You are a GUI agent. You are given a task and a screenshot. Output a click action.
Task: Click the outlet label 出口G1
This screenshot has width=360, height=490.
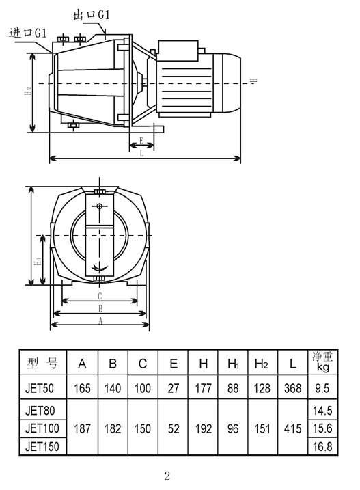[x=92, y=14]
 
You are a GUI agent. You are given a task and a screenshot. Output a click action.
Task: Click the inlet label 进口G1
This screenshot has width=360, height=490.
[x=28, y=32]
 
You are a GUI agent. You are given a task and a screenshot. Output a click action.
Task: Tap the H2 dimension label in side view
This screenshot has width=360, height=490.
[x=28, y=92]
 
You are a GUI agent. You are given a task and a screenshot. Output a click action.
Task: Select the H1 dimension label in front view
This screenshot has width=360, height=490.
[x=38, y=261]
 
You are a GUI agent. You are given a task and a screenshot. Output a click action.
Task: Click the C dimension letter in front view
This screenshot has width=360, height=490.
[x=100, y=296]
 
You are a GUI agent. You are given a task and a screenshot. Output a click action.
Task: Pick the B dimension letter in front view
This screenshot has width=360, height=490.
[x=100, y=309]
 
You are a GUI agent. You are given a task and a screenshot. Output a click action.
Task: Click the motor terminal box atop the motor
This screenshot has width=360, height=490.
[x=178, y=51]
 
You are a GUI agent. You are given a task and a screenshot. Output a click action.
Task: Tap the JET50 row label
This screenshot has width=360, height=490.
[x=40, y=388]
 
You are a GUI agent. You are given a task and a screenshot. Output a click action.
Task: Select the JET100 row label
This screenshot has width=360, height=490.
[x=42, y=428]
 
